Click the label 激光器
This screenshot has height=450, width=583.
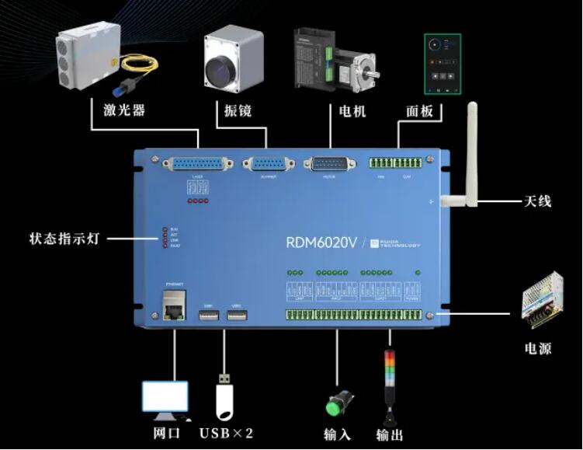coord(124,110)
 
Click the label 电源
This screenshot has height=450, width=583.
coord(535,347)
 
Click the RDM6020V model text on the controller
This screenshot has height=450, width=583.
coord(321,242)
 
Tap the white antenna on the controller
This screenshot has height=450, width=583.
coord(468,155)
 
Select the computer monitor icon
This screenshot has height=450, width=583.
coord(165,398)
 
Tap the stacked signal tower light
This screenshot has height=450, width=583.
coord(389,381)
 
